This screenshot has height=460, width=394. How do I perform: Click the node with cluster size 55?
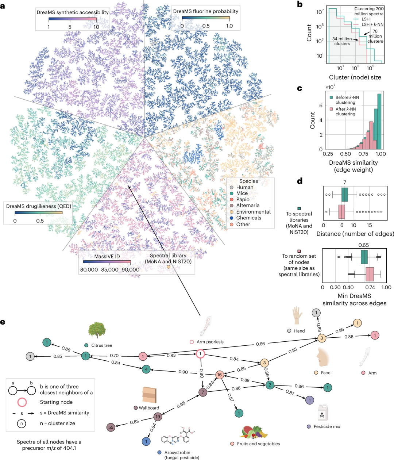[x=111, y=428]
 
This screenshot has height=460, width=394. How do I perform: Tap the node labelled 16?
[x=219, y=375]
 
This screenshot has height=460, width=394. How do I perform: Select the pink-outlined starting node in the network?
[x=200, y=354]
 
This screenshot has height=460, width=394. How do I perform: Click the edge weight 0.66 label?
[x=260, y=344]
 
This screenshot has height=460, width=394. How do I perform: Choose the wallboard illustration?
[x=148, y=394]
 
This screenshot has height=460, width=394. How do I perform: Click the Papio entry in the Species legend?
[x=243, y=199]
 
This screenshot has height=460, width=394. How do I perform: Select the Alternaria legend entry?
[x=248, y=206]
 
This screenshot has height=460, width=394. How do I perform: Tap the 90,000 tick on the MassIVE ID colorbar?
[x=130, y=269]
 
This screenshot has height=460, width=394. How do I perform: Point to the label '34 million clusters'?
[x=342, y=41]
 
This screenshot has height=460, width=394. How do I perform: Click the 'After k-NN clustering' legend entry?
[x=345, y=111]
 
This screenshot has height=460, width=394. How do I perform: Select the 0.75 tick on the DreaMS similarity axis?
[x=363, y=154]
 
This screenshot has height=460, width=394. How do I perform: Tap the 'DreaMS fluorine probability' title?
[x=205, y=11]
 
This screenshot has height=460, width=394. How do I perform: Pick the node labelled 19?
[x=158, y=417]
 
